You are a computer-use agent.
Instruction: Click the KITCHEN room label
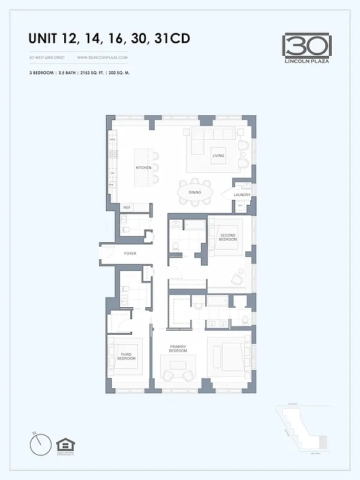143,167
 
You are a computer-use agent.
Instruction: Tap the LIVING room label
218,156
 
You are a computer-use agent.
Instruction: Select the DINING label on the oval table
194,193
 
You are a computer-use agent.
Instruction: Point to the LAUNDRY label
242,194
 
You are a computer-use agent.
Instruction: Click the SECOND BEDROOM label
228,237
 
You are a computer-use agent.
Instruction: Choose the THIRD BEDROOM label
127,356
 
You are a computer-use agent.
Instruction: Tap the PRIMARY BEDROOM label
178,349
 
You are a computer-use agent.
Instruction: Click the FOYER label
130,254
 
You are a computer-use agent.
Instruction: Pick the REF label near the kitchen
127,208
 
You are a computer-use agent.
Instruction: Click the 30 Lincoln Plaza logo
307,47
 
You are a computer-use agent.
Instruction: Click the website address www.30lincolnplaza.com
103,57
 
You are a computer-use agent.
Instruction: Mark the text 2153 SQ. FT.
104,71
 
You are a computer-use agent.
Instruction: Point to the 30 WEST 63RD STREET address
47,57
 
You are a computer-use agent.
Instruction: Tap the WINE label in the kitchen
112,140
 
